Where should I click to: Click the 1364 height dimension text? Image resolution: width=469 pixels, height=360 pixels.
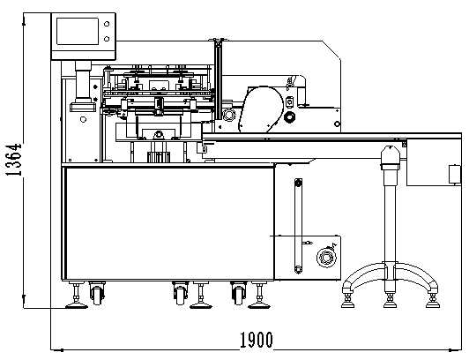click(14, 160)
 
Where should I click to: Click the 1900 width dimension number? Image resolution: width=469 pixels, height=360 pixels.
click(257, 340)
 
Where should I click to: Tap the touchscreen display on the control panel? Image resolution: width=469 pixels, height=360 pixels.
click(78, 31)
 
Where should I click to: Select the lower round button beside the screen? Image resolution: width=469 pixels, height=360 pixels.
click(107, 39)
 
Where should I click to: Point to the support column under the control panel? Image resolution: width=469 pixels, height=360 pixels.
click(83, 81)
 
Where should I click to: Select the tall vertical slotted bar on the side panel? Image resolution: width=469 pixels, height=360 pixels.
click(298, 226)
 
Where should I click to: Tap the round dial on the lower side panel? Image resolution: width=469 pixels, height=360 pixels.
click(326, 257)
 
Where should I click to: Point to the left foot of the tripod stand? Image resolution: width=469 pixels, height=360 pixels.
click(348, 300)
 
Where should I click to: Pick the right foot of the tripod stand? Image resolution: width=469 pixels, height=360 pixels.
click(433, 300)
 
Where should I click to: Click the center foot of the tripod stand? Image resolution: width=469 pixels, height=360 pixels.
click(390, 300)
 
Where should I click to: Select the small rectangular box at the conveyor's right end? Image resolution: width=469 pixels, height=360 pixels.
click(455, 174)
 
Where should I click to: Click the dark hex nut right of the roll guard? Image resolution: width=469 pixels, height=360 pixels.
click(289, 117)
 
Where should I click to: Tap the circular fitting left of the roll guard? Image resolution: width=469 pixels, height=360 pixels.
click(228, 115)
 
